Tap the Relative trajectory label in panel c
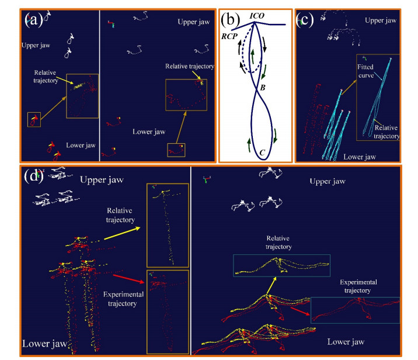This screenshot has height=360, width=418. click(x=386, y=131)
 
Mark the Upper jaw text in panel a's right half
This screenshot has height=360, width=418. click(x=193, y=22)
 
